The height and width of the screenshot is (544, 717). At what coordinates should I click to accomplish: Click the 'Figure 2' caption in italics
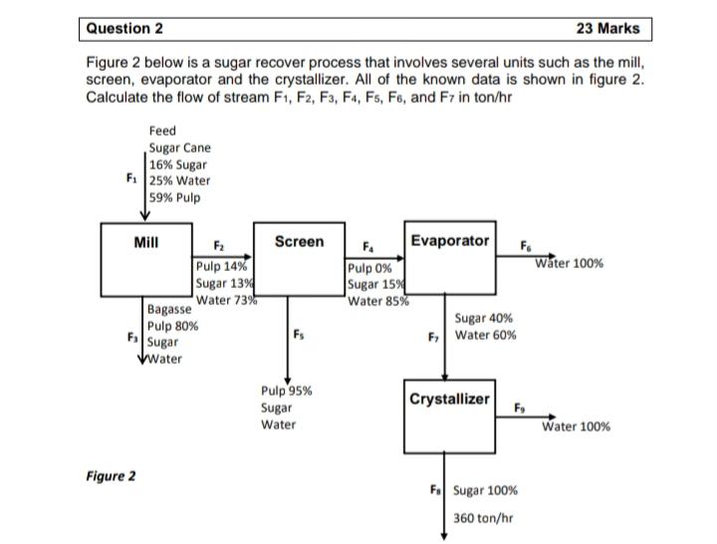coord(111,475)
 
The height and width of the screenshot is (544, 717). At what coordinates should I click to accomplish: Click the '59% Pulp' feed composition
coord(174,197)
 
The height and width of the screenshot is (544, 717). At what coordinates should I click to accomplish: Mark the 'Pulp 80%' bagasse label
coord(172,326)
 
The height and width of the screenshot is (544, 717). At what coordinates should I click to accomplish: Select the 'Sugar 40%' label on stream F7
coord(484,319)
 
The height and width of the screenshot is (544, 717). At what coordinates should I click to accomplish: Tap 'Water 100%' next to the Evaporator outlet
coord(569,264)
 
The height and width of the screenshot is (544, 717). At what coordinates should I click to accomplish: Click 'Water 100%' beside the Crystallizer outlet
coord(577,426)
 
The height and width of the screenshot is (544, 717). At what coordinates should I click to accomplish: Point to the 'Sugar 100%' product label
coord(485,490)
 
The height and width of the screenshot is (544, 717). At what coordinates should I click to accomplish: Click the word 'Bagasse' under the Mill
coord(168,311)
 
